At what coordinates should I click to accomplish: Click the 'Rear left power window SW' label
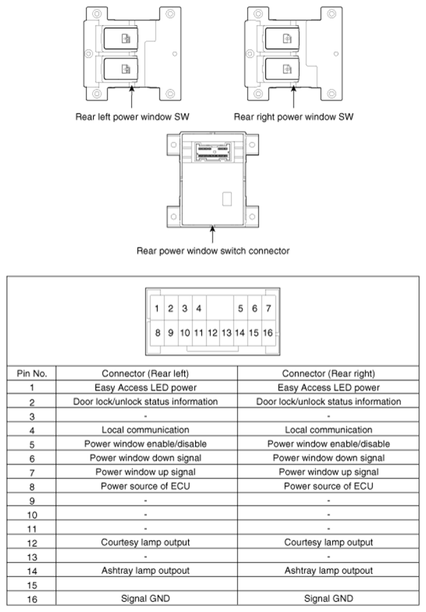point(132,117)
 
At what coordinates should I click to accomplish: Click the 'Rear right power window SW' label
point(294,117)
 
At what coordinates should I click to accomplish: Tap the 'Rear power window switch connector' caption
point(213,251)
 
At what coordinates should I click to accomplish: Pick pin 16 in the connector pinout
point(268,333)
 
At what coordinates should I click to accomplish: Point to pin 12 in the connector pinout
point(212,333)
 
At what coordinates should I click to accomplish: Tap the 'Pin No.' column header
point(31,373)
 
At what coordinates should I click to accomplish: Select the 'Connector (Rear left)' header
point(145,373)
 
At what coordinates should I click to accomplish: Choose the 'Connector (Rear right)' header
point(328,373)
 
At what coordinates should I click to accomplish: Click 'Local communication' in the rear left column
point(145,429)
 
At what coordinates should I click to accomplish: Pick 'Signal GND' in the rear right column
point(328,598)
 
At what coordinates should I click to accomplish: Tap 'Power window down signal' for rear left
point(145,458)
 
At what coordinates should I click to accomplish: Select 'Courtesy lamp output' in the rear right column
point(328,542)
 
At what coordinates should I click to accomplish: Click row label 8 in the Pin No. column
point(31,486)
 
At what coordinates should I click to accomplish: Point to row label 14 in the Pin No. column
point(31,570)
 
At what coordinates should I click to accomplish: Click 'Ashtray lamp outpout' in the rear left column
point(145,570)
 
